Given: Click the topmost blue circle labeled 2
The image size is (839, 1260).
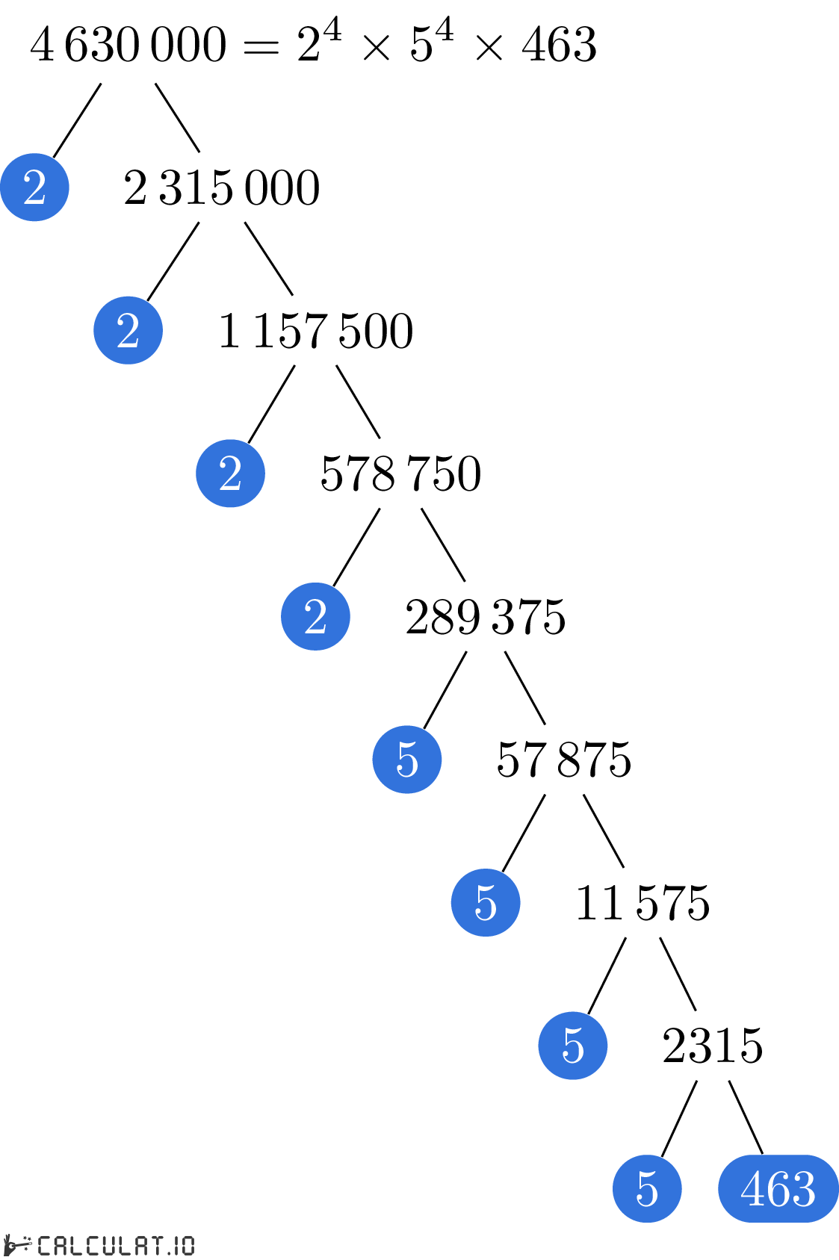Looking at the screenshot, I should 34,187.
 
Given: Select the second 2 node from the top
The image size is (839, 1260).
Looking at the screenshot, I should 128,330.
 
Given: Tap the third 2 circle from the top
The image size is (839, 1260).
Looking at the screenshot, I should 230,474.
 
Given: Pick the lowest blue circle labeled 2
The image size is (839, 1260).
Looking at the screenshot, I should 315,616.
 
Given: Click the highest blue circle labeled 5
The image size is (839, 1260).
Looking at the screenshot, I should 407,760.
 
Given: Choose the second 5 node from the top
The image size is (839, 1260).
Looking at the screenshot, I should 486,902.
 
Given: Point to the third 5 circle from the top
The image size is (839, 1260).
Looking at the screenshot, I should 573,1046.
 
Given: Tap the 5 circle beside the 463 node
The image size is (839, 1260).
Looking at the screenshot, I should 647,1188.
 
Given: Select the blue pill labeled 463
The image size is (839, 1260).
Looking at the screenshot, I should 778,1188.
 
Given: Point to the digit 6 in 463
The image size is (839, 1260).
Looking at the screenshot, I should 778,1188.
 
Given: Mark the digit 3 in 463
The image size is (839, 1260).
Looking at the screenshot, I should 803,1188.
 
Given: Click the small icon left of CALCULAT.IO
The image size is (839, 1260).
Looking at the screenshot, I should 16,1245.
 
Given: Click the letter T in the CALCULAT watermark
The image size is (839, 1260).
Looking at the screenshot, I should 154,1246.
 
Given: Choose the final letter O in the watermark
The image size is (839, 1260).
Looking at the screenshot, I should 187,1246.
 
